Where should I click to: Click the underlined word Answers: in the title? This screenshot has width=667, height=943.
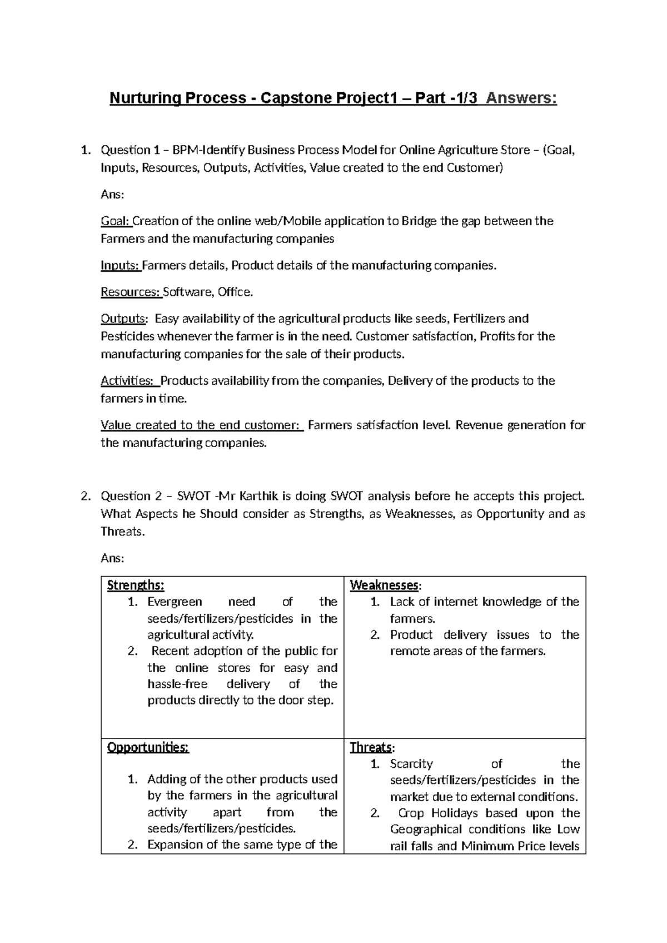[521, 98]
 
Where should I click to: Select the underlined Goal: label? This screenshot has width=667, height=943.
[116, 221]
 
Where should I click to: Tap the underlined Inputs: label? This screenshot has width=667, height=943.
[121, 266]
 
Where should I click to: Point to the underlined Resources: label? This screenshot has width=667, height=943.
[131, 292]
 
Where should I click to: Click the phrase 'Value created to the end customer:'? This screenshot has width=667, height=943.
[201, 425]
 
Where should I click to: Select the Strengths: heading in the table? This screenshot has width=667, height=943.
[136, 585]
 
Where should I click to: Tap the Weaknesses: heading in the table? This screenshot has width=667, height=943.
[385, 585]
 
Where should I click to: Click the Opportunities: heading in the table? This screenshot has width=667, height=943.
[148, 747]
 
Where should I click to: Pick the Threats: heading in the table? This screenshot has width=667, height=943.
[372, 747]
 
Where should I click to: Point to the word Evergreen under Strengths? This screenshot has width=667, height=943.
[175, 602]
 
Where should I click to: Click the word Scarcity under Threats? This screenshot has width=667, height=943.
[411, 764]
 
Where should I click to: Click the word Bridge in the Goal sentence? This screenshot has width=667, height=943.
[419, 221]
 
